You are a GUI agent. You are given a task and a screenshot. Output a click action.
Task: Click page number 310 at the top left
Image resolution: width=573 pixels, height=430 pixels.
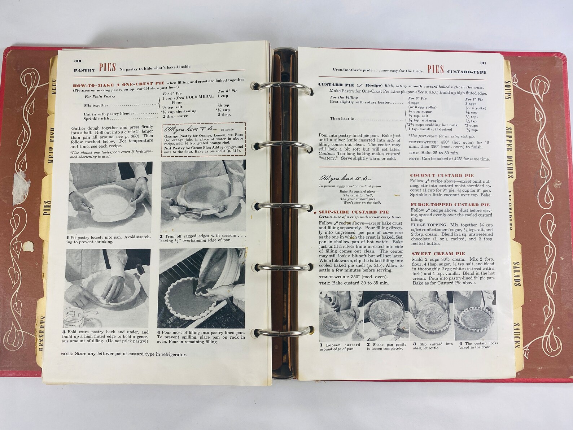78,61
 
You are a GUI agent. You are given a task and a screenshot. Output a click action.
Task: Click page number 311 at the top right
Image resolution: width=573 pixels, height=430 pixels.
483,63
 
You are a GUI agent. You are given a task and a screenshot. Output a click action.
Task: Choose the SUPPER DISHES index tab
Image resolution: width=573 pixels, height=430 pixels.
511,152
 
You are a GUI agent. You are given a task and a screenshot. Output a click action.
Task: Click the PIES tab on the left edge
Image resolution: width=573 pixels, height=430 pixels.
47,208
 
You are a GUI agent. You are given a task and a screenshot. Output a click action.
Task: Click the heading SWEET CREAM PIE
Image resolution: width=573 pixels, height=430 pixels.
438,254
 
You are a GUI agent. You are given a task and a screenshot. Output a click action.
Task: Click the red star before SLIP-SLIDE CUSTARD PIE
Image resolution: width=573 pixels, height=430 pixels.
315,212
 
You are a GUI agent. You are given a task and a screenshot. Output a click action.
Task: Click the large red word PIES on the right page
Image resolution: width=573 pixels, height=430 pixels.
435,69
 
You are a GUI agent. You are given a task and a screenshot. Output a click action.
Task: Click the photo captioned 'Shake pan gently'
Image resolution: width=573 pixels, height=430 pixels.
386,316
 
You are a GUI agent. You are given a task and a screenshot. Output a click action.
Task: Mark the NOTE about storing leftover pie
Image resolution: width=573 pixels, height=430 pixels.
123,354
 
